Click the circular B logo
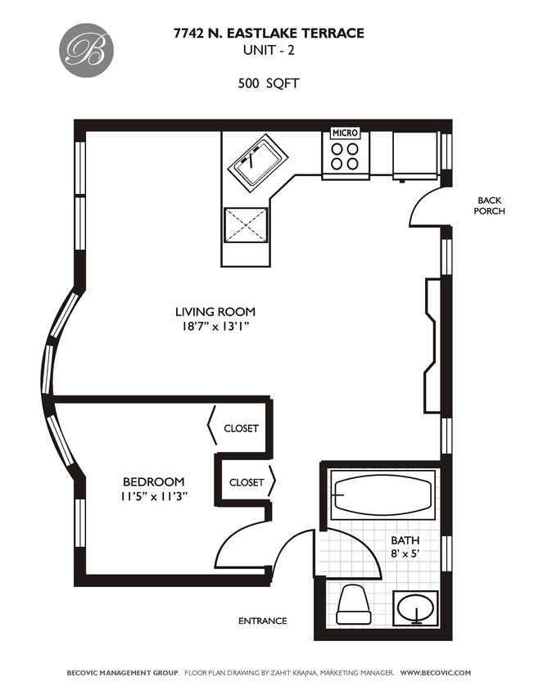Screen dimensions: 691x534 click(84, 48)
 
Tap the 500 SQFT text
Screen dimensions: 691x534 click(268, 83)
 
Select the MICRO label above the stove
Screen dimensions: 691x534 click(344, 133)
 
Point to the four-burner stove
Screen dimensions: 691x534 click(344, 156)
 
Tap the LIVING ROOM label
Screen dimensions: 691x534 click(215, 312)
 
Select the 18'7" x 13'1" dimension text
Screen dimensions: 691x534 click(215, 327)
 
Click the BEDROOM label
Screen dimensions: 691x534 click(153, 481)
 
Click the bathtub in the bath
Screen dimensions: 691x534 click(382, 495)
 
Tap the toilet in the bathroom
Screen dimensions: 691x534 click(354, 604)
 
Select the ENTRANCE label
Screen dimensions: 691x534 click(262, 621)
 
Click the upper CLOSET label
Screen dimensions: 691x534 click(241, 428)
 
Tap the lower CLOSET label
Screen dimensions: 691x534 click(247, 482)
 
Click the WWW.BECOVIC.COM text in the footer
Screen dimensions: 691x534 click(435, 672)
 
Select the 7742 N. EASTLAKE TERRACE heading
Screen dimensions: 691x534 click(268, 34)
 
